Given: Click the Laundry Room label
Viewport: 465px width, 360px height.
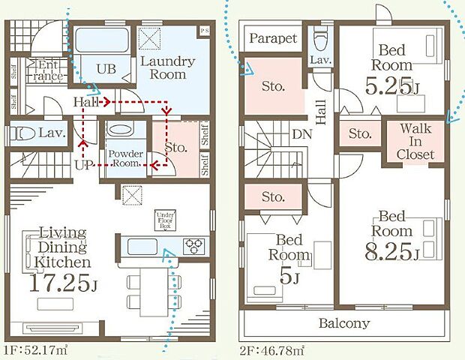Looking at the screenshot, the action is pos(168,68).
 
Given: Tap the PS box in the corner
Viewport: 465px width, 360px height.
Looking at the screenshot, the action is pos(204,31).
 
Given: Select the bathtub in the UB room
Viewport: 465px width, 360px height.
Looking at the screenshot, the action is pos(101,40).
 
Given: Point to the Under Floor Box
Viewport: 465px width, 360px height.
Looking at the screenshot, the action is pos(165,220).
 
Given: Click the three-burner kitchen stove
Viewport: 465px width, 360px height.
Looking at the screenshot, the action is pos(193,246).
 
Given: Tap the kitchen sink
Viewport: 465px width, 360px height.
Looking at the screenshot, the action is pos(142,246).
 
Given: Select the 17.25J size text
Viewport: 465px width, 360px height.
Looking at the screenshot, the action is pos(63,283).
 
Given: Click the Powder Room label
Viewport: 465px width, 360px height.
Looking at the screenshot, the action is pos(126,158).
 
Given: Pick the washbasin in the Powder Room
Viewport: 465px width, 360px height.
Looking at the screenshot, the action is pos(121,129).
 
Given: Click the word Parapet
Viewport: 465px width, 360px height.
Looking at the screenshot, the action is pos(273,38).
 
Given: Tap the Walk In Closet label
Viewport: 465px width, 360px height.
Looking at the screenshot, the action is pos(415,142).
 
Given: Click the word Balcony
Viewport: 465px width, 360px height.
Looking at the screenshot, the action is pos(344,323).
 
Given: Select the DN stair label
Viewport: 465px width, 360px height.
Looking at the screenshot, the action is pos(302,134).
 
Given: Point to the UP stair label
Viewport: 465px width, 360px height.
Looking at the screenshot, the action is pos(84,165).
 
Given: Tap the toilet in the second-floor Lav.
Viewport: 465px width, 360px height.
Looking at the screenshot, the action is pos(320,39).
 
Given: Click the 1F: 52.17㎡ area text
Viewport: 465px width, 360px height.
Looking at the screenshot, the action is pos(36,350).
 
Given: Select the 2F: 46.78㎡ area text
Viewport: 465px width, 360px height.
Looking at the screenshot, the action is pos(272,351).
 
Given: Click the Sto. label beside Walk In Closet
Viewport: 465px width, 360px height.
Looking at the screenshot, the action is pos(360,133).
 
